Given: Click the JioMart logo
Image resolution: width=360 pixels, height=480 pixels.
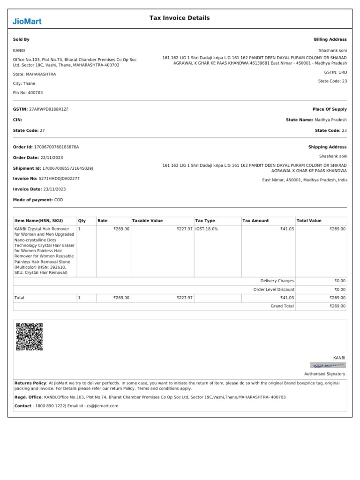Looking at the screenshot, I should [27, 21].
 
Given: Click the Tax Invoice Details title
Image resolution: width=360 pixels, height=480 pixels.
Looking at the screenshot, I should [180, 18].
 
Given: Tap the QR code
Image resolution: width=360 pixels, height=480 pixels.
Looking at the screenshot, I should [30, 337].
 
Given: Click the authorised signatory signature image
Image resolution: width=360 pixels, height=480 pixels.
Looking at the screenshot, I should [328, 365].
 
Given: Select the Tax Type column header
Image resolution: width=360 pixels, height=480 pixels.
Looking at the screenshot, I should [205, 220].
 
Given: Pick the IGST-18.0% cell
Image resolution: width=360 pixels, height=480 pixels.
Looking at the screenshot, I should [206, 229].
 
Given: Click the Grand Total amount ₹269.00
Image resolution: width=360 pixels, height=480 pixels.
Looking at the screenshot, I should [337, 306].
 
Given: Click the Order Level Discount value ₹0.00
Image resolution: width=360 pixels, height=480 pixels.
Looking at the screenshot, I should [340, 289].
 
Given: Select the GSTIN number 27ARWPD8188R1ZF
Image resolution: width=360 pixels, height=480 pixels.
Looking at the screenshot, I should [49, 109].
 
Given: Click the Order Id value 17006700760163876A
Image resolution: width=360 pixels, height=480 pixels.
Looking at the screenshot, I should [56, 147].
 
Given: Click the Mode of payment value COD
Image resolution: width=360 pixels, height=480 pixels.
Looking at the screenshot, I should [59, 200].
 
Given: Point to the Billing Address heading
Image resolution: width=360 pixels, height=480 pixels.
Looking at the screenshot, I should [330, 39].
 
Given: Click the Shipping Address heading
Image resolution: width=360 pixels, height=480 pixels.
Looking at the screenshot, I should [327, 147].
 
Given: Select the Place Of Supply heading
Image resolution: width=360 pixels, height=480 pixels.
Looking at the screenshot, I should [330, 109].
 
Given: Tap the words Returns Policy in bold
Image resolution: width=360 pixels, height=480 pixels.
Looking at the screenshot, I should [30, 383].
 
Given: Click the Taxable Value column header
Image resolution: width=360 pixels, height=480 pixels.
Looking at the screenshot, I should [148, 220].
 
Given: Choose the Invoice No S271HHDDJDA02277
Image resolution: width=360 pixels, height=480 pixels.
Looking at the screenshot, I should [59, 178].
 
